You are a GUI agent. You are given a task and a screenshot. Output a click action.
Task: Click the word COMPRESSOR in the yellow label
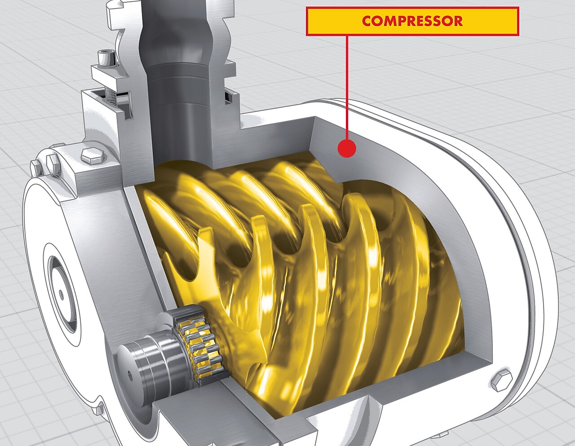click(412, 21)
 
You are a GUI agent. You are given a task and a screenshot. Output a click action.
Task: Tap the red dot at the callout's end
click(346, 148)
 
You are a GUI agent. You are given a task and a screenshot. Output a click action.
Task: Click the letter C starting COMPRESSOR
click(367, 21)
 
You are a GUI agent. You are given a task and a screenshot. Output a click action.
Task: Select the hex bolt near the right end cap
click(500, 380)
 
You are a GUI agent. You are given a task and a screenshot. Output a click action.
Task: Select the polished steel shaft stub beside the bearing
click(144, 364)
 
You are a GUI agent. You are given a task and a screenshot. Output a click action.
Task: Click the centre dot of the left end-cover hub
click(61, 294)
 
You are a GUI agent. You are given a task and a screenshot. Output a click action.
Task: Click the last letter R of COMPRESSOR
click(457, 21)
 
